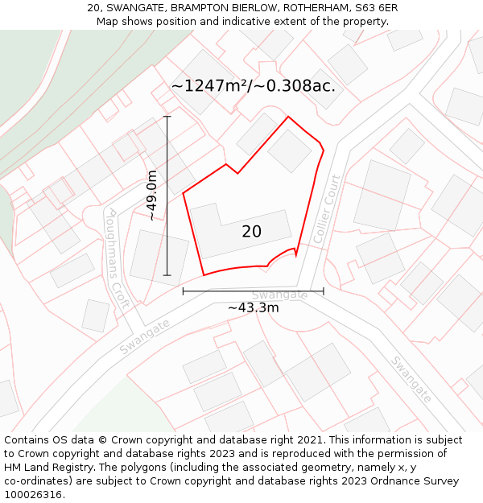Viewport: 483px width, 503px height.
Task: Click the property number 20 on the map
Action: point(251,232)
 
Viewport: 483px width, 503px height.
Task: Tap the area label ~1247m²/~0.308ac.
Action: point(253,85)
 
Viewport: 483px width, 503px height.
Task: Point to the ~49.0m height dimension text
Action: point(151,196)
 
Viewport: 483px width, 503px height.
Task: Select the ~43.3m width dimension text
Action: point(253,307)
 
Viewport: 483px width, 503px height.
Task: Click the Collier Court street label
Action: point(328,209)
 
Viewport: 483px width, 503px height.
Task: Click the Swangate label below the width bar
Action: point(280,295)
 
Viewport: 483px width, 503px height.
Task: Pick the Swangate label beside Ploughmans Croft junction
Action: point(145,336)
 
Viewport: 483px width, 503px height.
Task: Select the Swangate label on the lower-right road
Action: point(411,378)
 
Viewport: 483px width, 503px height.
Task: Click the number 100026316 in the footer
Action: point(35,495)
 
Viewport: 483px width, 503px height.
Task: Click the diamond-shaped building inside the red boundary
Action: point(289,150)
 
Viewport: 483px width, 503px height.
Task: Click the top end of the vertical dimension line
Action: point(167,117)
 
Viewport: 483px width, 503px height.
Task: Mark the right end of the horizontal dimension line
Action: point(324,291)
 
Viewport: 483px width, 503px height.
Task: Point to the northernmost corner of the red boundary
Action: point(288,117)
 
